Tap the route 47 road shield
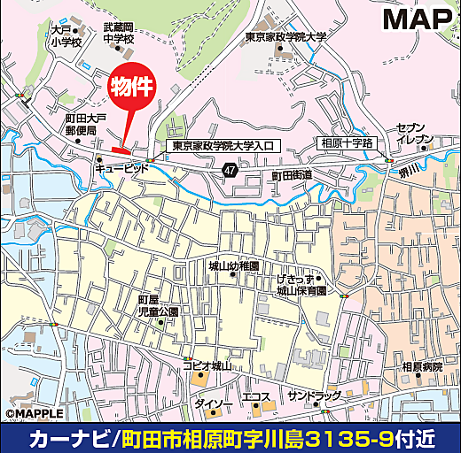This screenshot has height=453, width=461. (230, 169)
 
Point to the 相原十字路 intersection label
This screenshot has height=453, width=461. (347, 142)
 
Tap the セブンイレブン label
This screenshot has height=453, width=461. (414, 134)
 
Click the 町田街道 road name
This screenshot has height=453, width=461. (292, 175)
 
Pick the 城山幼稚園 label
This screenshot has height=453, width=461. (233, 266)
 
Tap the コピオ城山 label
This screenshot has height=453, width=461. (208, 365)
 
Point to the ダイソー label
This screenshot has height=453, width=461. (207, 404)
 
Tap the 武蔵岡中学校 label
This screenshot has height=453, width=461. (118, 35)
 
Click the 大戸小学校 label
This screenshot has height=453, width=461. (66, 36)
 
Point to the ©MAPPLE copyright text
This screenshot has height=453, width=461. (34, 413)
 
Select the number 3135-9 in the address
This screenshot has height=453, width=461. (353, 438)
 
